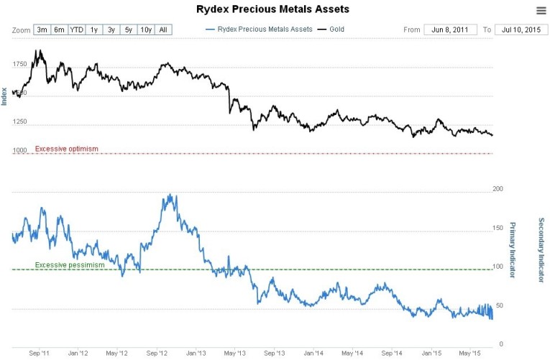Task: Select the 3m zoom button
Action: tap(42, 29)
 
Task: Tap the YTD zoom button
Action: tap(76, 29)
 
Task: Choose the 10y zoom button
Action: tap(145, 29)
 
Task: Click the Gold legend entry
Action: tap(332, 29)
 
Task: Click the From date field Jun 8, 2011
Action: tap(452, 29)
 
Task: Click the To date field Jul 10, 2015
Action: tap(521, 29)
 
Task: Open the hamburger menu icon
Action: tap(541, 10)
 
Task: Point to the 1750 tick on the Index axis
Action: tap(19, 64)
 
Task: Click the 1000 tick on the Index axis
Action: tap(19, 149)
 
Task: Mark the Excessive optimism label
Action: tap(67, 149)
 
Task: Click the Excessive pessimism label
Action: tap(70, 265)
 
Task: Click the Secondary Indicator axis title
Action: tap(541, 249)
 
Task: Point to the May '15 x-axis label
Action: tap(471, 354)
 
